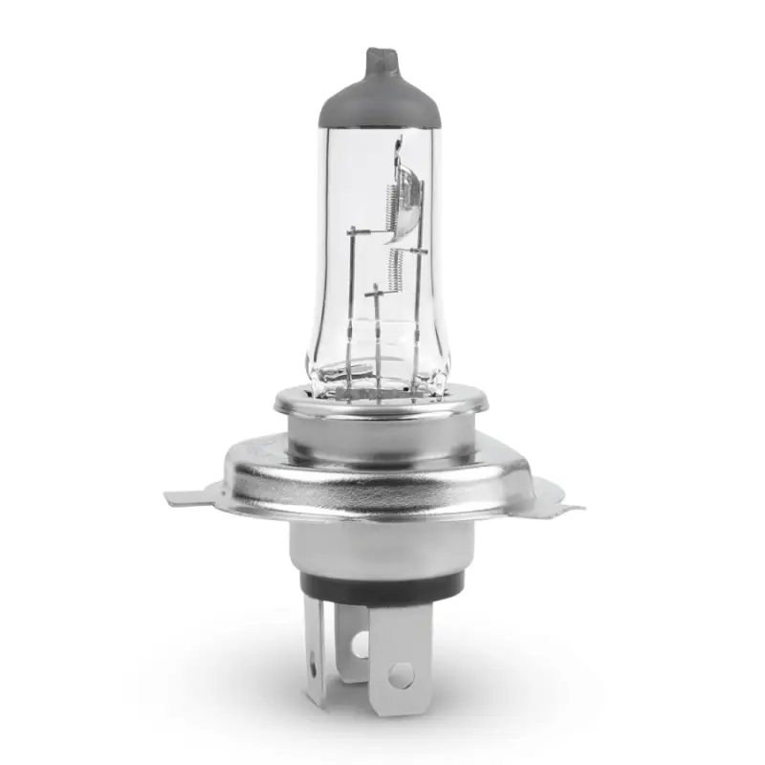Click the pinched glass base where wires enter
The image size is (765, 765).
(x=378, y=378)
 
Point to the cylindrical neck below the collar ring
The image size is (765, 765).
(x=378, y=442)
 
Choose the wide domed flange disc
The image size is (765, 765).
(x=378, y=478)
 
